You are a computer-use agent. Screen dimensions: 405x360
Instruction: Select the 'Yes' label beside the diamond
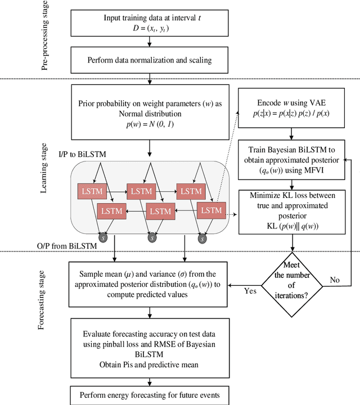tap(250, 292)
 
